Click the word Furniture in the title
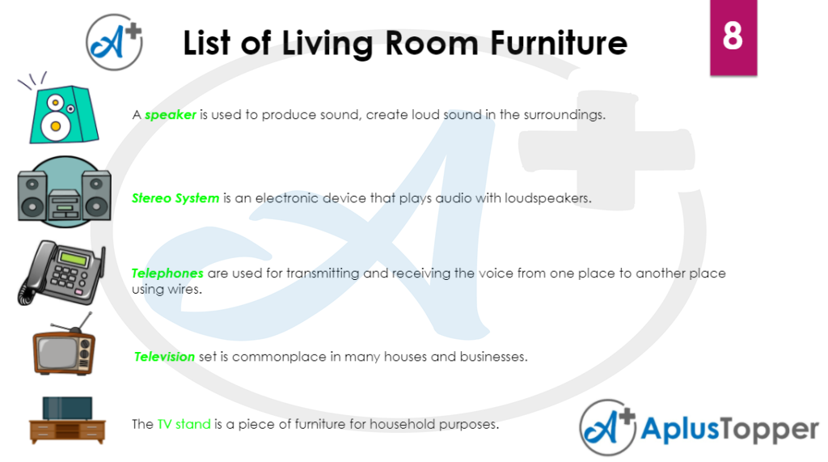point(559,44)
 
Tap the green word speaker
point(170,115)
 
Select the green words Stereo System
point(175,198)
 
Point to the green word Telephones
point(167,273)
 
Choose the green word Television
point(165,357)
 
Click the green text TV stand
point(184,424)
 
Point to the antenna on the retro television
point(74,323)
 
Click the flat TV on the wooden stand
point(67,408)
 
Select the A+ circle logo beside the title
point(114,42)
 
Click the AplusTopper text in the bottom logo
point(729,429)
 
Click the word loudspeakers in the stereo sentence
point(547,198)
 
